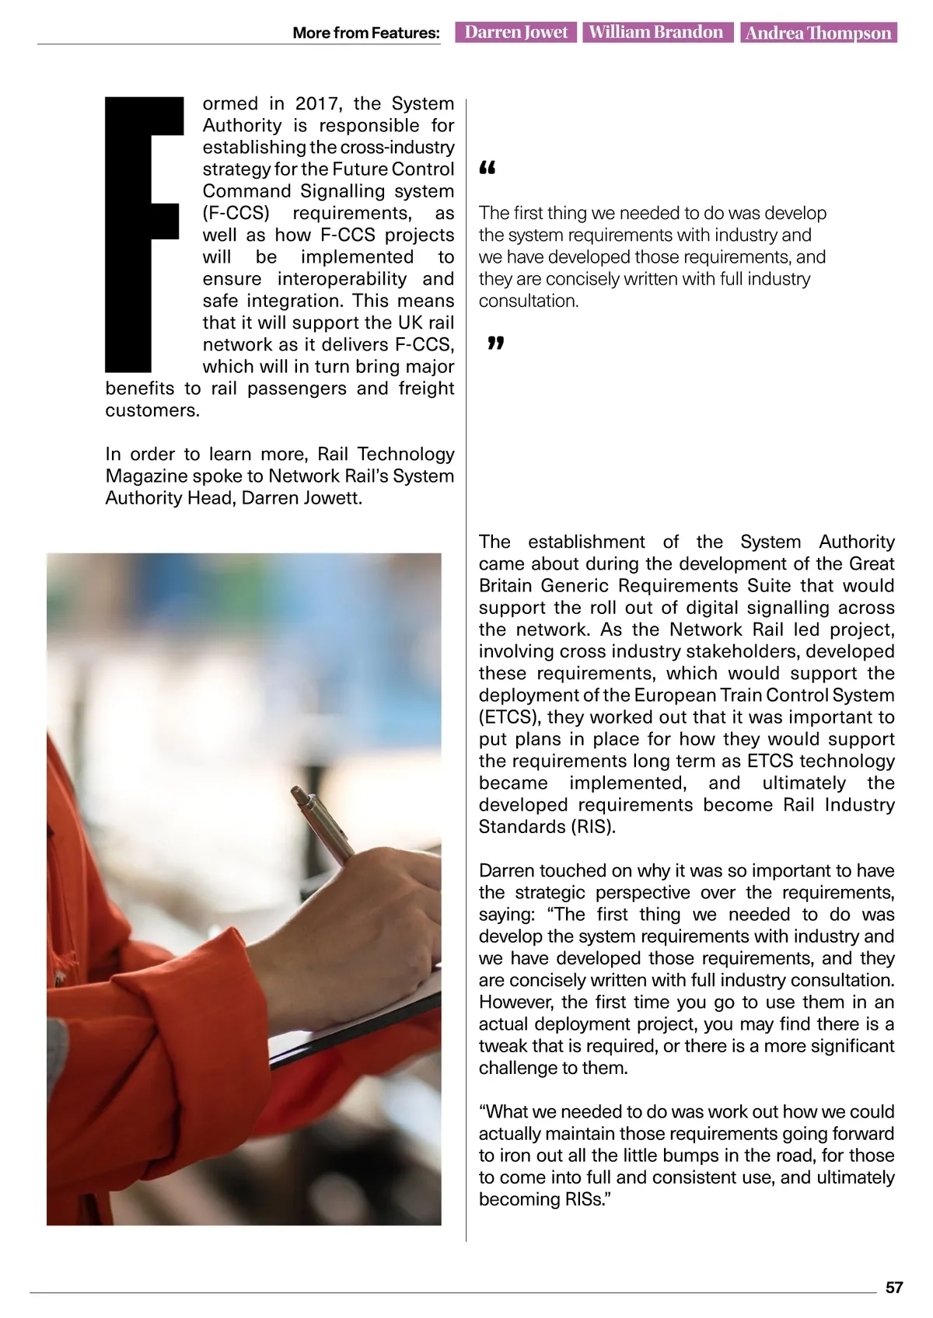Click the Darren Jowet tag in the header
(516, 33)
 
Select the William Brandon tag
(656, 33)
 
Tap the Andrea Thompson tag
(818, 33)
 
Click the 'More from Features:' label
(365, 33)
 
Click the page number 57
(894, 1288)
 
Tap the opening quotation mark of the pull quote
(487, 169)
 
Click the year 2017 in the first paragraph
(315, 104)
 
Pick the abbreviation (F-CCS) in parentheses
(236, 214)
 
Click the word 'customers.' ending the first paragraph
(152, 410)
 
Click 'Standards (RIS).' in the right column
(547, 827)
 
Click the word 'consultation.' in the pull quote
(528, 302)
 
